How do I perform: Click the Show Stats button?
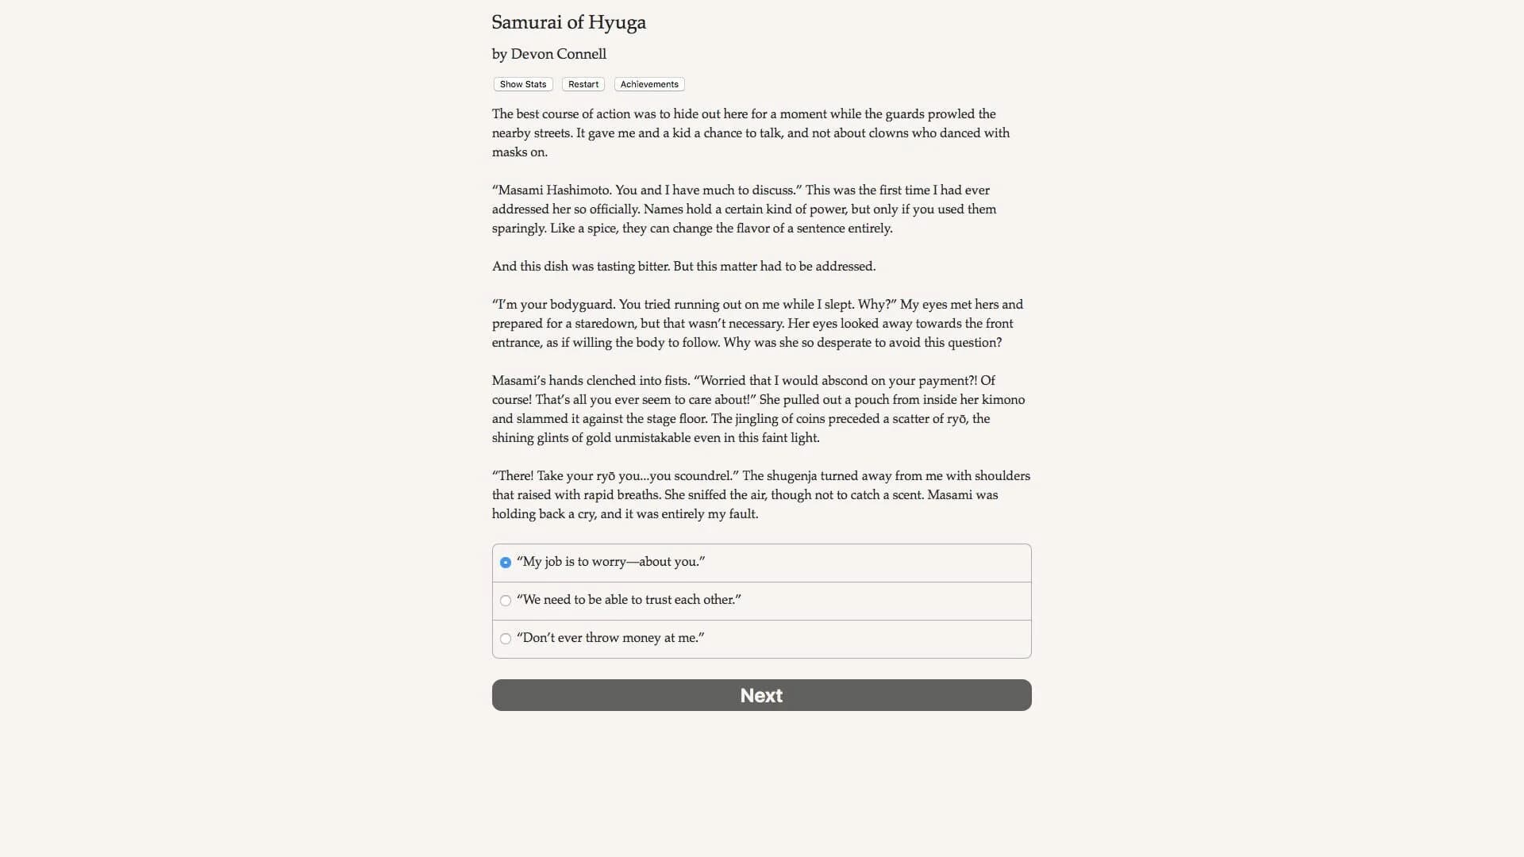coord(523,84)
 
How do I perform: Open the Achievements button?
coord(649,84)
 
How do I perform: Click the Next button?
coord(761,695)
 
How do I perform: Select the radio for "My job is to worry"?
coord(506,563)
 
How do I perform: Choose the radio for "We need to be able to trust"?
coord(506,601)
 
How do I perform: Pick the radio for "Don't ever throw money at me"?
coord(506,639)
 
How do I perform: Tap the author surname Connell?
coord(583,54)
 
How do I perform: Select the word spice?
coord(601,229)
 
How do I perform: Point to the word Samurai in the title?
coord(527,23)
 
